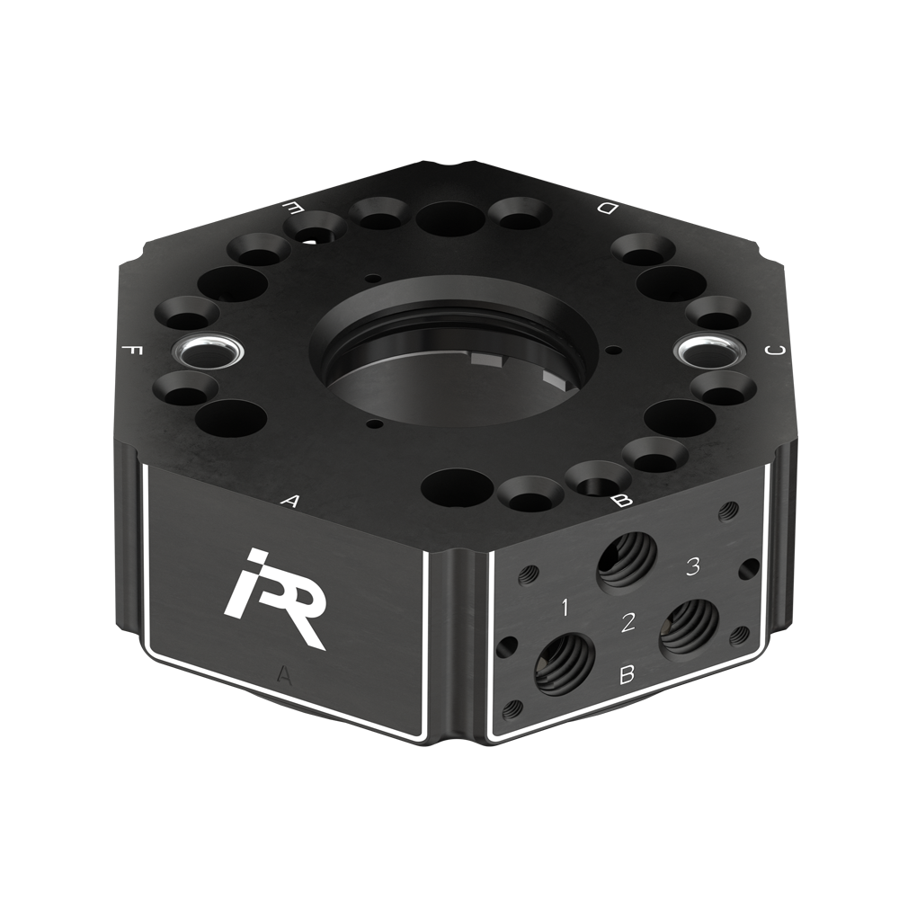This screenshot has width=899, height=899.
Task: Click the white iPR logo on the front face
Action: point(277,599)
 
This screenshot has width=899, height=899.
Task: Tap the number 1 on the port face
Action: point(565,607)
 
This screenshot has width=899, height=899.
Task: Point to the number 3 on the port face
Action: point(693,566)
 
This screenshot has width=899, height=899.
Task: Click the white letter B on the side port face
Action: point(628,674)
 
